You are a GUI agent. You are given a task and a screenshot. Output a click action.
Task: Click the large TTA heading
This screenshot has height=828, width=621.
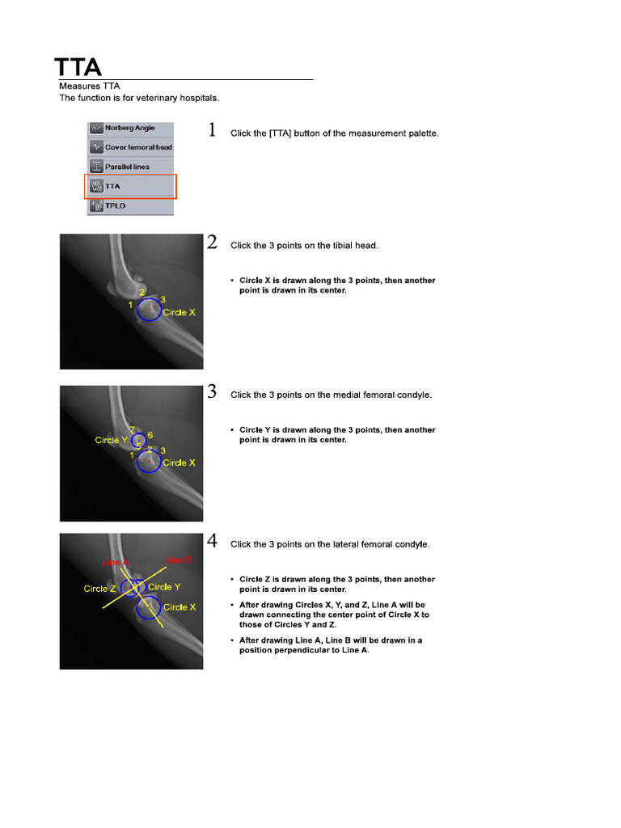pyautogui.click(x=78, y=67)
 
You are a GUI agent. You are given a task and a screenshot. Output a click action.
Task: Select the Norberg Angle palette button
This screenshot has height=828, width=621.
pyautogui.click(x=129, y=128)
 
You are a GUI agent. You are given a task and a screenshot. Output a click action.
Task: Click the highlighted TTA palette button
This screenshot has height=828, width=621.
pyautogui.click(x=129, y=186)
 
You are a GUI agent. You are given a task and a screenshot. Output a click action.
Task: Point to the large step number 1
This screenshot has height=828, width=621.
pyautogui.click(x=212, y=130)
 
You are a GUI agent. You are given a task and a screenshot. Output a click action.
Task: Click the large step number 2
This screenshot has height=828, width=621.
pyautogui.click(x=212, y=242)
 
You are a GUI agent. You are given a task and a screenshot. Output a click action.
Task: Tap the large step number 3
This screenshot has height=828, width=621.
pyautogui.click(x=212, y=391)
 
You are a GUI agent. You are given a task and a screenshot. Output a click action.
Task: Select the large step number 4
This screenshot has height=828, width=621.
pyautogui.click(x=212, y=541)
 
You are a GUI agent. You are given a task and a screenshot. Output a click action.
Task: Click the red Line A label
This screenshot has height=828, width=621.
pyautogui.click(x=116, y=562)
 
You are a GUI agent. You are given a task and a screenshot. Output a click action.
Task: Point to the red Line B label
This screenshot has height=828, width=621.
pyautogui.click(x=179, y=560)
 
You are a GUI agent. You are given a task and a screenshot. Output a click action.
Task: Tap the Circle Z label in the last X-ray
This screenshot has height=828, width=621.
pyautogui.click(x=100, y=589)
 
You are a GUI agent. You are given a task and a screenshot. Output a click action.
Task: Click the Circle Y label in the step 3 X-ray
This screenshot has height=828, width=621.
pyautogui.click(x=112, y=441)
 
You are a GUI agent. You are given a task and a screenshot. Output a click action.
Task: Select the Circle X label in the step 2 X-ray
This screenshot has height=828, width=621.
pyautogui.click(x=180, y=312)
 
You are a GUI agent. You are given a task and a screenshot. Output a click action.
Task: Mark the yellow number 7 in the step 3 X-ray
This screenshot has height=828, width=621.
pyautogui.click(x=132, y=429)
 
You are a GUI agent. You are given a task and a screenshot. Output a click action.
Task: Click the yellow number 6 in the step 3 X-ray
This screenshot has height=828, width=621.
pyautogui.click(x=150, y=435)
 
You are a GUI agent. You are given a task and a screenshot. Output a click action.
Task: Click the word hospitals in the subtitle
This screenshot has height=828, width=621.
pyautogui.click(x=199, y=99)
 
